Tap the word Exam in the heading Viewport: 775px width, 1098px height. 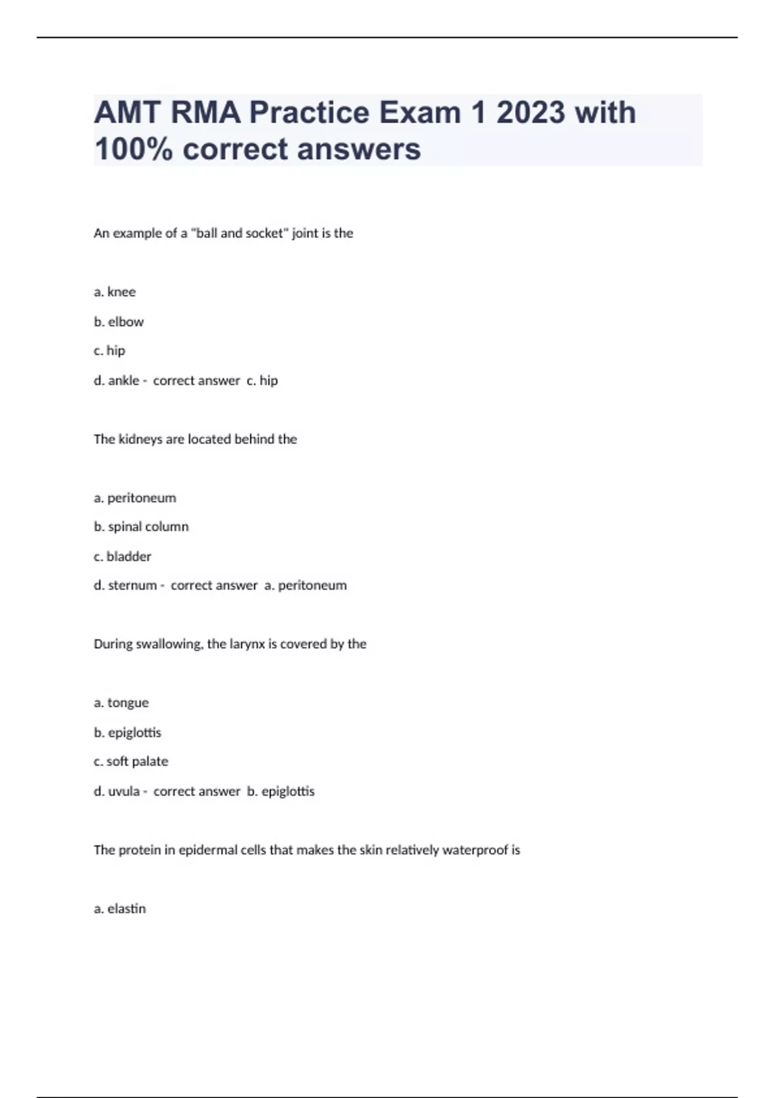419,112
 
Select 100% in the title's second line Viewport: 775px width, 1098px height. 134,149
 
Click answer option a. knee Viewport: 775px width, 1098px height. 115,292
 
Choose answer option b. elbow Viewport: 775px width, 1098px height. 119,322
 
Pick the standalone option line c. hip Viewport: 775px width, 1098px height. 110,351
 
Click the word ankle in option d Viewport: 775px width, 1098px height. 123,380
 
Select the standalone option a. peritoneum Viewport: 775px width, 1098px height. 135,498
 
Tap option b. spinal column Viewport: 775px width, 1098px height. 141,527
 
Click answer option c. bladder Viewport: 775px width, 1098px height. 123,556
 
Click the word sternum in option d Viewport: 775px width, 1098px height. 132,586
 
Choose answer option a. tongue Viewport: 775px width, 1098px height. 121,703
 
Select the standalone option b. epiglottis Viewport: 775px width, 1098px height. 128,732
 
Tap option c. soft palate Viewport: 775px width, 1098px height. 131,761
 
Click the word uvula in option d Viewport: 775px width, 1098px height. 124,791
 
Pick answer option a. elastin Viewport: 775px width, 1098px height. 120,909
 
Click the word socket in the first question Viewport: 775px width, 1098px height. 264,233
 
